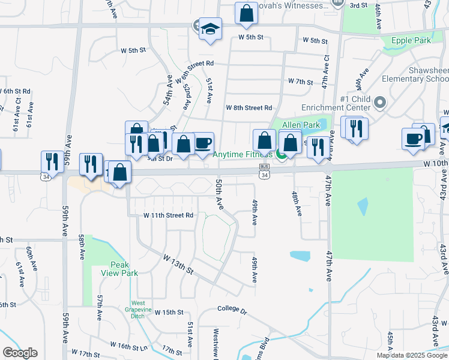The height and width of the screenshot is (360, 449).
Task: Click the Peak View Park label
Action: point(124,269)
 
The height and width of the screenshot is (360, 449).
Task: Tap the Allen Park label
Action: point(293,125)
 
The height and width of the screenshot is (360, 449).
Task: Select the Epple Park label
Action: point(411,41)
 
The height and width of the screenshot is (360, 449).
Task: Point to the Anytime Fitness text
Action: point(246,154)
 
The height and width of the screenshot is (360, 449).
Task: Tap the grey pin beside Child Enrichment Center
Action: point(379,103)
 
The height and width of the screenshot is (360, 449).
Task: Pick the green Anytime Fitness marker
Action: point(281,155)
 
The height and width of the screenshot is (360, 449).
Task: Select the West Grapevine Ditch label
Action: point(138,306)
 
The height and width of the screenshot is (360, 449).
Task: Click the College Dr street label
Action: point(232,311)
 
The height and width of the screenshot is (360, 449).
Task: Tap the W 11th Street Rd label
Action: point(168,215)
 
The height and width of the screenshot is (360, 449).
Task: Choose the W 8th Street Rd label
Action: point(249,108)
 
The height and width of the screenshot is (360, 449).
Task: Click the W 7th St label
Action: point(300,81)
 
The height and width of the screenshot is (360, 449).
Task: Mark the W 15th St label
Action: point(169,312)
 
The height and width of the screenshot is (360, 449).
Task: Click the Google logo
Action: point(20,353)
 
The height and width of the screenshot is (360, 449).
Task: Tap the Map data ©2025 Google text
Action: point(411,355)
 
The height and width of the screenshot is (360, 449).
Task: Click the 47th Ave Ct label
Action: point(325,73)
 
